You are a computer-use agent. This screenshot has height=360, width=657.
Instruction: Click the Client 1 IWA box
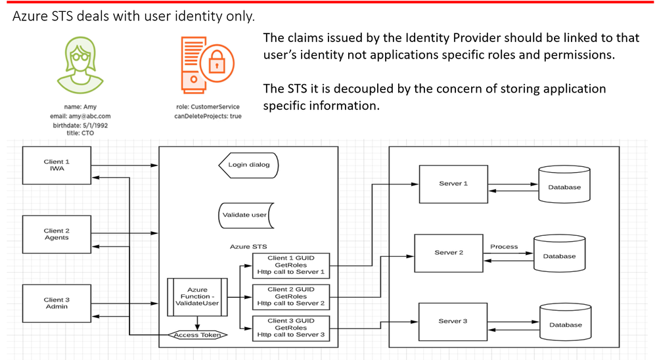click(57, 165)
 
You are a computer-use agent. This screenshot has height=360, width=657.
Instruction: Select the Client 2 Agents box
click(57, 235)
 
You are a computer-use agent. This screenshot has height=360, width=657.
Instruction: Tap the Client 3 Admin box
click(57, 304)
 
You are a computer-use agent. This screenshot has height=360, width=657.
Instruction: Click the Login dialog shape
click(248, 165)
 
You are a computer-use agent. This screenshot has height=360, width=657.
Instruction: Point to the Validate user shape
click(246, 215)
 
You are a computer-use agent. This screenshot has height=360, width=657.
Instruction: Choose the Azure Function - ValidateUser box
click(197, 297)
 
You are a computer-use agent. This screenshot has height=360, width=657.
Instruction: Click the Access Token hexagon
click(197, 335)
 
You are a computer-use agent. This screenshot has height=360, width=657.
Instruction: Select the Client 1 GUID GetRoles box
click(291, 265)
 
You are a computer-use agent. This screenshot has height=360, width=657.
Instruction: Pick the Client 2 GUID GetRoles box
click(291, 297)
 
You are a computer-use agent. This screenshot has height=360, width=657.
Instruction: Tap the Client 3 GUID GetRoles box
click(291, 328)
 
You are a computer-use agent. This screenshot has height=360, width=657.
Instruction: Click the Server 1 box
click(453, 184)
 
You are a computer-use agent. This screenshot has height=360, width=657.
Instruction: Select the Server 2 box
click(449, 253)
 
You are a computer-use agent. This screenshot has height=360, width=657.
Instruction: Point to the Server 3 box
click(453, 322)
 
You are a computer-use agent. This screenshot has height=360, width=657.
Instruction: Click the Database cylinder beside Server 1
click(564, 185)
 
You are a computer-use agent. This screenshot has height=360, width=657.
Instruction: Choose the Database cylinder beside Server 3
click(566, 322)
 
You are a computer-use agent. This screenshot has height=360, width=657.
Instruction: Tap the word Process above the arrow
click(504, 246)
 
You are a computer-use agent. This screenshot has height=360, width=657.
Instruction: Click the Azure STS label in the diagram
click(248, 246)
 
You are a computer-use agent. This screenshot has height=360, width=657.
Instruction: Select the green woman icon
click(80, 64)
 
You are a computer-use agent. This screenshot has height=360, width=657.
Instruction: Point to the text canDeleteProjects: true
click(208, 116)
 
